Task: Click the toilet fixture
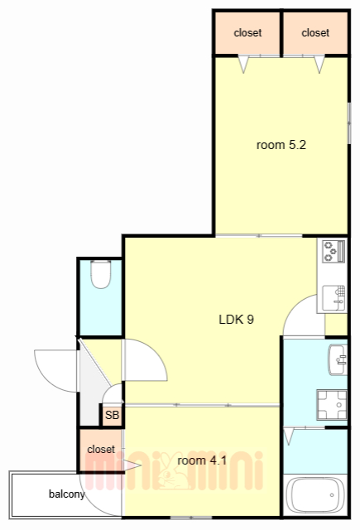[x=101, y=274]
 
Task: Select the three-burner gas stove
[x=334, y=251]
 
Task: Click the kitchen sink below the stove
[x=334, y=298]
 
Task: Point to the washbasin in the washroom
[x=338, y=359]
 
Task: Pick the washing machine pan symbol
[x=332, y=405]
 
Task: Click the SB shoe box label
[x=112, y=415]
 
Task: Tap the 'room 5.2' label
[x=281, y=145]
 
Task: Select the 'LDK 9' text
[x=237, y=319]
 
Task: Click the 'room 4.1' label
[x=202, y=460]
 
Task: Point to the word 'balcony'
[x=66, y=494]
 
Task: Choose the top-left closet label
[x=247, y=33]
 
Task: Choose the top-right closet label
[x=315, y=33]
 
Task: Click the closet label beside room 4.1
[x=101, y=449]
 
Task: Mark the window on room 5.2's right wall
[x=349, y=123]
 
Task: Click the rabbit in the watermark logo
[x=174, y=471]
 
